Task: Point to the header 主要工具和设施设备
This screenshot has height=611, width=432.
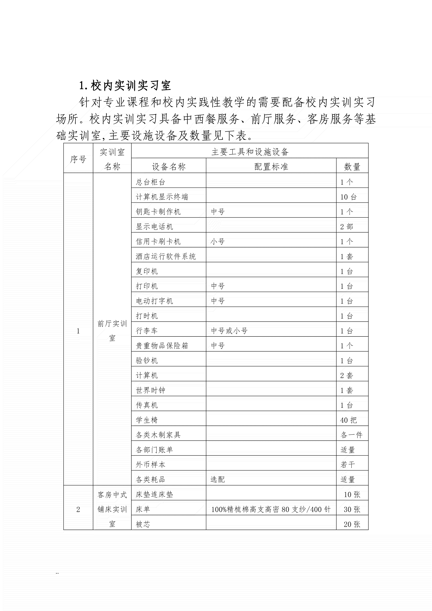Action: coord(250,152)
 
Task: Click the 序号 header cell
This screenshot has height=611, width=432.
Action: coord(78,159)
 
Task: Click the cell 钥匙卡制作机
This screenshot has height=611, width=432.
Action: coord(158,212)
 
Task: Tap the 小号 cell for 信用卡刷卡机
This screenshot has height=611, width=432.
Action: coord(218,242)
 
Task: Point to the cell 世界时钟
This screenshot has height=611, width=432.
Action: coord(151,390)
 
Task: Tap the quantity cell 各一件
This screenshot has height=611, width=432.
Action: coord(351,435)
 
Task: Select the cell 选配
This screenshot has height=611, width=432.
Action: coord(218,479)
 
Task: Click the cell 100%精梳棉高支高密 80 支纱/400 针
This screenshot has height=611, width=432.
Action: coord(271,509)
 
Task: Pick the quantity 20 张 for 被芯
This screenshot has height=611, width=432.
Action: coord(352,524)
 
